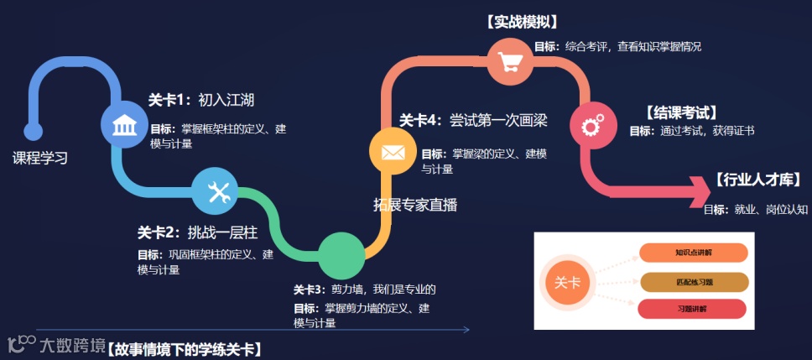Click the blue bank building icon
click(x=125, y=127)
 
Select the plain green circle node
click(x=341, y=255)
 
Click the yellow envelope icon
click(x=393, y=153)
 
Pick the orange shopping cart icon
click(x=510, y=62)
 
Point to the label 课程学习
click(x=39, y=158)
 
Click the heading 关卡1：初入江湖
click(x=201, y=100)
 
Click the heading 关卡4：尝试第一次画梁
click(x=473, y=120)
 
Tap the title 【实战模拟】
click(x=522, y=23)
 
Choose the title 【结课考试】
click(x=680, y=112)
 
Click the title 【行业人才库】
click(x=757, y=180)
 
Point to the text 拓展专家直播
click(x=415, y=204)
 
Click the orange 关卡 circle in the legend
click(x=569, y=283)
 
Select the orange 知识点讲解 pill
click(x=692, y=252)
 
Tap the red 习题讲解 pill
click(x=692, y=309)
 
